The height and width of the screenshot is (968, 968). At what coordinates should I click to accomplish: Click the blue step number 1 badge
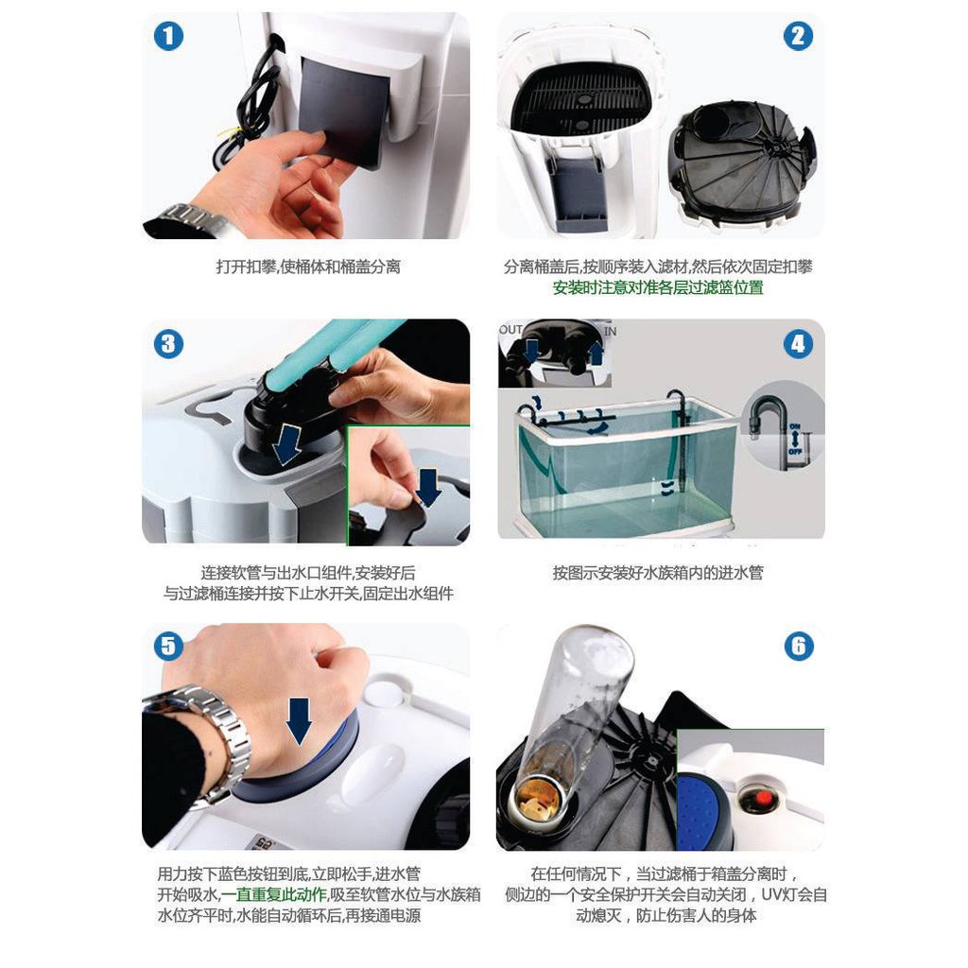168,36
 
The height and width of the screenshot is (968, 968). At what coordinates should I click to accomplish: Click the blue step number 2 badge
798,36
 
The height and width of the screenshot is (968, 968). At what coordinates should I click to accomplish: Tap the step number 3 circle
168,344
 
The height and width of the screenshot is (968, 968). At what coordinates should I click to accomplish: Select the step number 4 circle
798,344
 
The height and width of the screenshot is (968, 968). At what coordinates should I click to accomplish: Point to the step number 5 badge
168,647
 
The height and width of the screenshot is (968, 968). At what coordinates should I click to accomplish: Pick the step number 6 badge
799,647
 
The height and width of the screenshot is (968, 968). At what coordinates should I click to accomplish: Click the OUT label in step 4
510,330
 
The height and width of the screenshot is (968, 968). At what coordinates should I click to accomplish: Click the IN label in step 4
610,332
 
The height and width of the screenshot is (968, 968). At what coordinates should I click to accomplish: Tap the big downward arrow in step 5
300,720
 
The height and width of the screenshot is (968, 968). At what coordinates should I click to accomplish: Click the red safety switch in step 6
764,798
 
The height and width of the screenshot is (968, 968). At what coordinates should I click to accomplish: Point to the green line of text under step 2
658,287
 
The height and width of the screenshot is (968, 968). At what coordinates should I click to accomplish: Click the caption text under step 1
308,267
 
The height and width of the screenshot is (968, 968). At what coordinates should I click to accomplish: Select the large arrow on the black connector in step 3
287,443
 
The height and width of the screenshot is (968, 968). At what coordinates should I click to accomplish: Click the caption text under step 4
658,573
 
